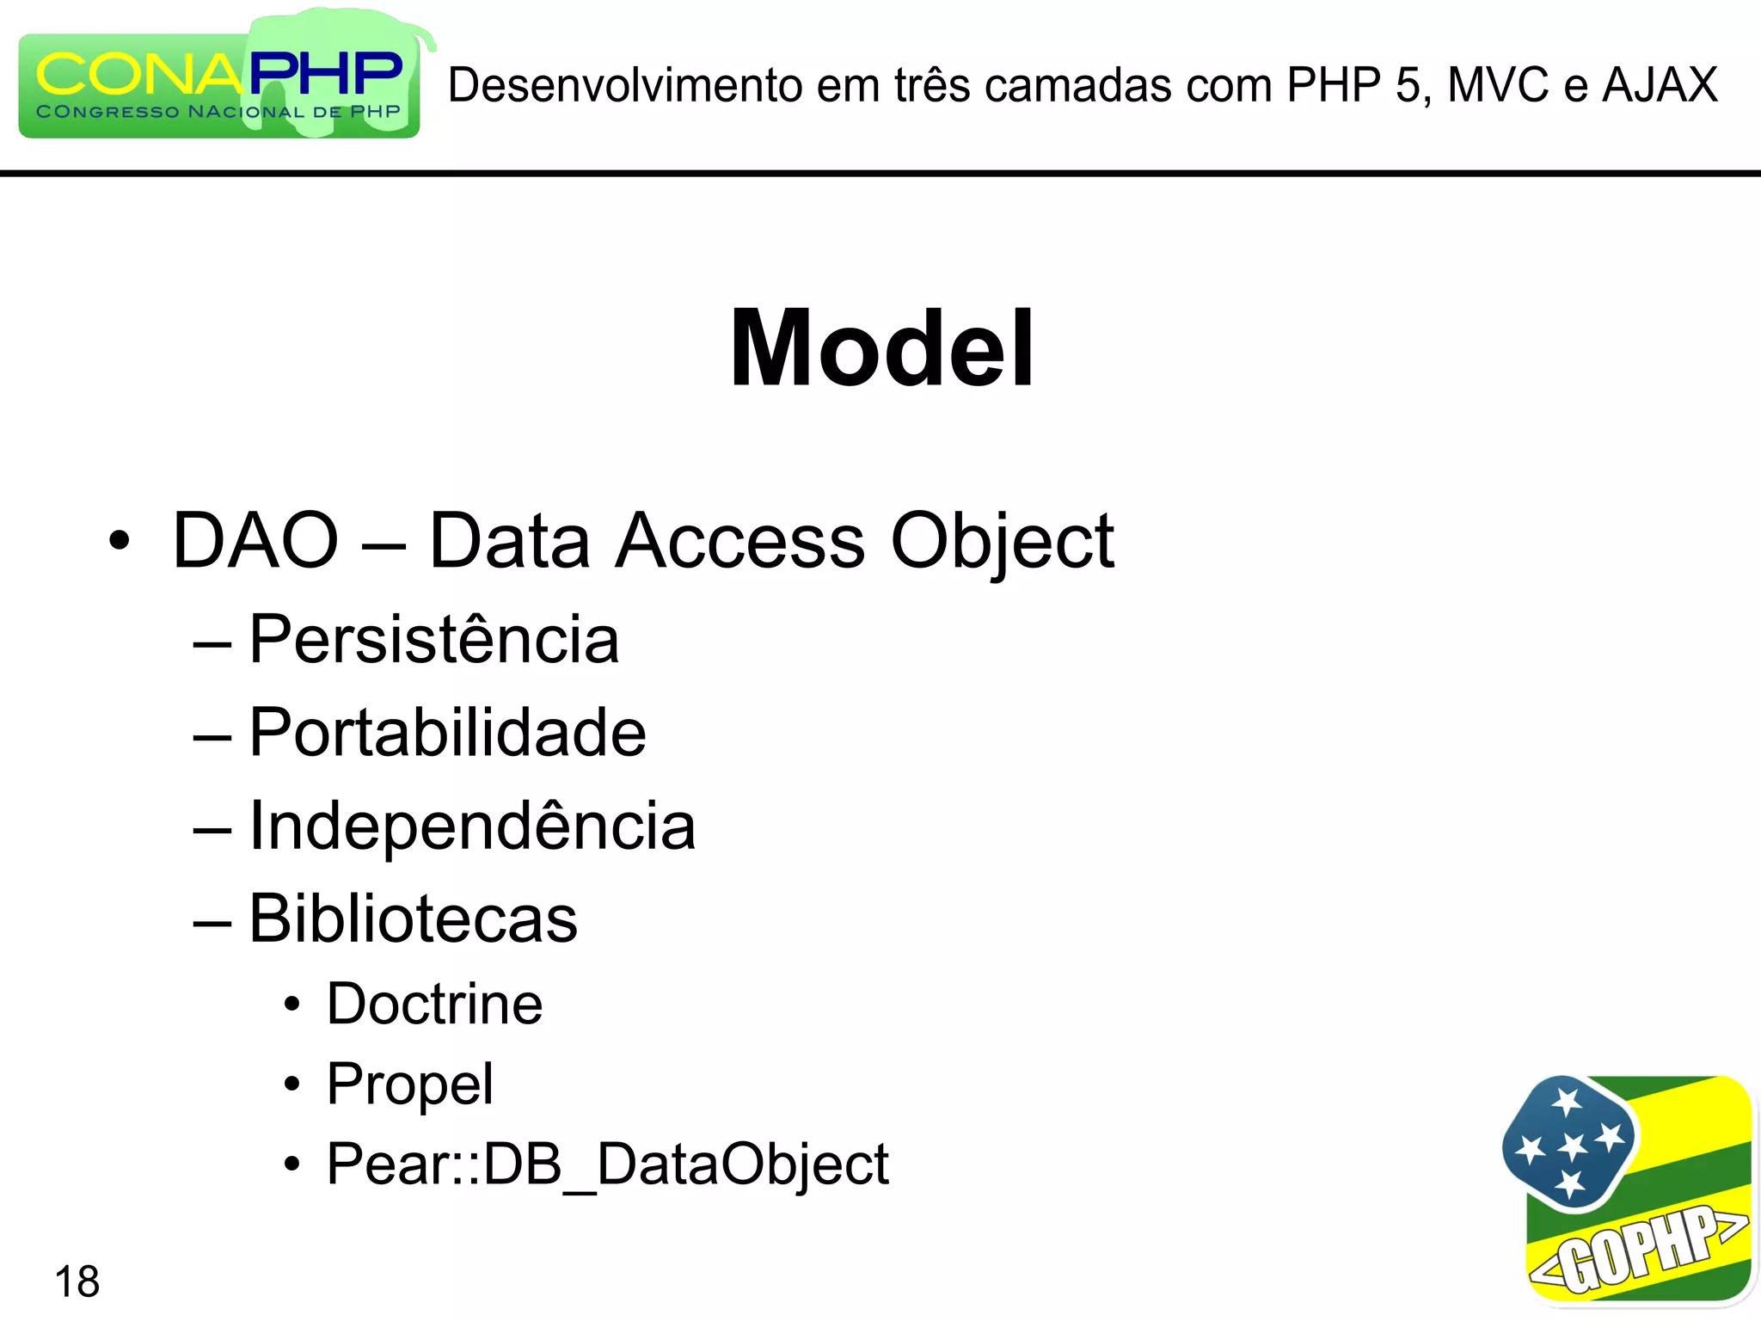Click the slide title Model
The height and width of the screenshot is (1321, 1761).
point(881,349)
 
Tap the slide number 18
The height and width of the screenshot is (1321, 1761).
point(77,1281)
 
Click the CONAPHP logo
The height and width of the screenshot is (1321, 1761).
point(220,82)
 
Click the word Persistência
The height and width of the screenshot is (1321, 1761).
point(434,640)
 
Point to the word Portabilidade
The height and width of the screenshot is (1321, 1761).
point(447,733)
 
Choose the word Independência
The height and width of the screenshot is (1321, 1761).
point(472,826)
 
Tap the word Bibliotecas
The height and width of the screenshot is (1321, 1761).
point(414,919)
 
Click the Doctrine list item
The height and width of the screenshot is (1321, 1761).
point(435,1004)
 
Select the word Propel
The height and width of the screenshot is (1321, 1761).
point(410,1084)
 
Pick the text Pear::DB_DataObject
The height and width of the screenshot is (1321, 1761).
point(608,1164)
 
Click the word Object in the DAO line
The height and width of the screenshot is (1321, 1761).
point(1003,542)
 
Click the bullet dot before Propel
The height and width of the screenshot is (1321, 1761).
point(292,1084)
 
